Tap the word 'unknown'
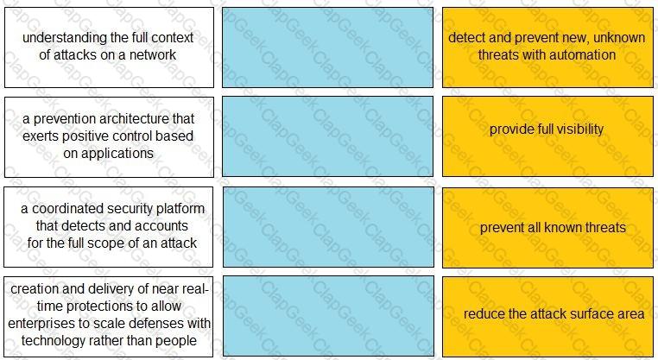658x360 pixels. point(619,38)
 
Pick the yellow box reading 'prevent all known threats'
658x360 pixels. point(547,228)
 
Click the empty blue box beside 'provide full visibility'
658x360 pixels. point(328,136)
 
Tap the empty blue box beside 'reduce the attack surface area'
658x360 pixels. point(328,316)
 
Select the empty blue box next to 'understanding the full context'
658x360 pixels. point(328,47)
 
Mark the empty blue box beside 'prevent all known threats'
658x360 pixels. point(328,227)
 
